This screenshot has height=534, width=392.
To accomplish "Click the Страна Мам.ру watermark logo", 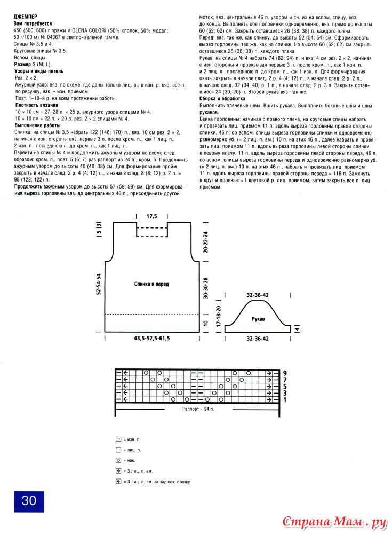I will tap(334, 521).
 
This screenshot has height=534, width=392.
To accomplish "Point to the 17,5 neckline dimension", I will tap(152, 216).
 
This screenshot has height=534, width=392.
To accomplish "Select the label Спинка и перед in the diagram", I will tap(152, 285).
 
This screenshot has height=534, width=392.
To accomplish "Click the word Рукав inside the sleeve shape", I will tap(258, 318).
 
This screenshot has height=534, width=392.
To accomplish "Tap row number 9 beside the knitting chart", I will tap(285, 372).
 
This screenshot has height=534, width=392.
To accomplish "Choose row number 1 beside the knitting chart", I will tap(285, 399).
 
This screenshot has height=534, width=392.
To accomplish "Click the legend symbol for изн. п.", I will tap(118, 439).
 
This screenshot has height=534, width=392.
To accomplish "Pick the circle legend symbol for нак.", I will tap(118, 460).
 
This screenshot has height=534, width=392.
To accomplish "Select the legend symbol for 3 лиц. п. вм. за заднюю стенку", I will tap(118, 482).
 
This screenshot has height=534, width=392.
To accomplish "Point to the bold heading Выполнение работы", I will tap(37, 125).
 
